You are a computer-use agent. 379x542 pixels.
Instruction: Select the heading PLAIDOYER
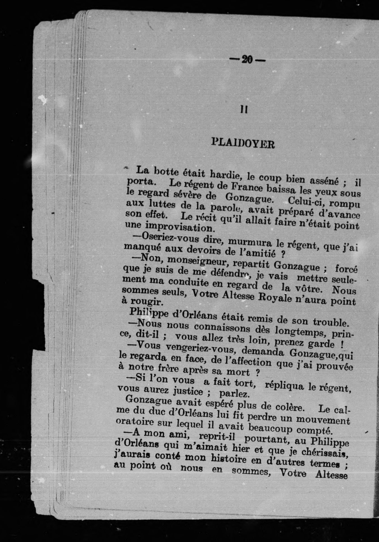[x=243, y=144]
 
